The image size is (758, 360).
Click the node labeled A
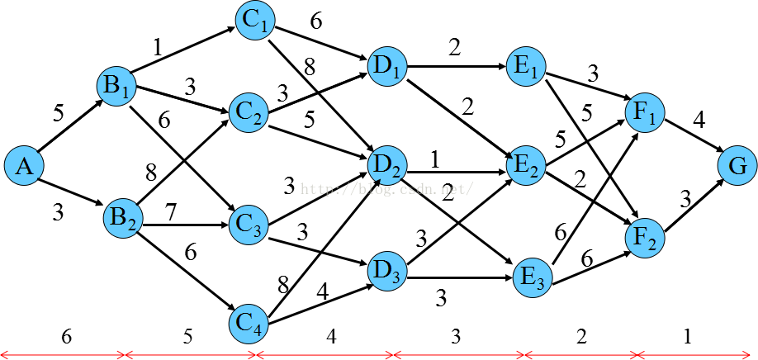point(24,166)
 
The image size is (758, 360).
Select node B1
point(116,86)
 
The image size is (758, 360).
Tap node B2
point(123,219)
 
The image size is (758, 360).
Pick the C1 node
point(255,20)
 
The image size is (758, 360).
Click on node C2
point(249,112)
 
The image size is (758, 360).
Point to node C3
point(249,225)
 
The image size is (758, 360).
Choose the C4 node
point(249,324)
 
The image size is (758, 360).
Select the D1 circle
point(386,66)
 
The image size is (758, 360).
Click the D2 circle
point(386,165)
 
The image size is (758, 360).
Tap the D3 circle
point(386,271)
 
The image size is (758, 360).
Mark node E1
point(526,66)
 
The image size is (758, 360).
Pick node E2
point(526,165)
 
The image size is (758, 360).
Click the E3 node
point(533,277)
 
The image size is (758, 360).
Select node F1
point(645,112)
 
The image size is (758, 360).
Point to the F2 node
point(645,239)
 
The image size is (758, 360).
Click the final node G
point(737,166)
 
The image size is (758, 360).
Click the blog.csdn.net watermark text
point(386,189)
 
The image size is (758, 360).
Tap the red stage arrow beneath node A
point(63,355)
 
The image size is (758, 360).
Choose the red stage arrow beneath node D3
point(459,355)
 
